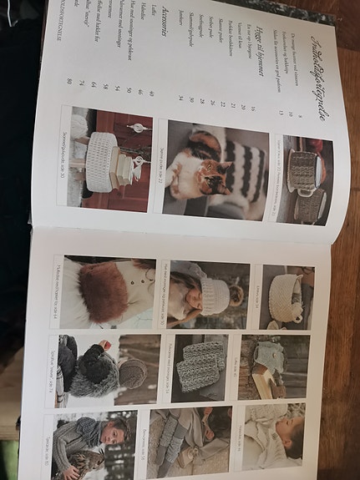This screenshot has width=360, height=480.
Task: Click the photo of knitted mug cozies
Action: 302,179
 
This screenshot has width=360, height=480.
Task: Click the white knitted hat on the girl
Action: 215,295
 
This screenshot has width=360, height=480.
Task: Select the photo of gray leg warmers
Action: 178,442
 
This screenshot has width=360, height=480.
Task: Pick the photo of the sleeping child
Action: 275,438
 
